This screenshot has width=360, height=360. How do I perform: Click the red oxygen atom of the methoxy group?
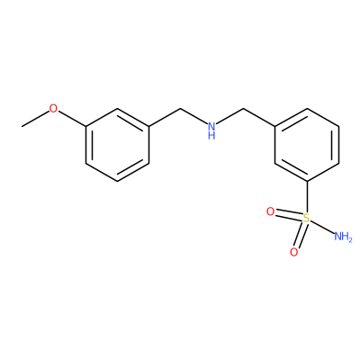53,108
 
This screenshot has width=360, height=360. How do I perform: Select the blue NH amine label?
211,130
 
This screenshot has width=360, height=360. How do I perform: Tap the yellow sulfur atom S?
306,218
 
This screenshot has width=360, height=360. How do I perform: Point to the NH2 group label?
343,237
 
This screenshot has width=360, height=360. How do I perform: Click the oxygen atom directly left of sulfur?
270,212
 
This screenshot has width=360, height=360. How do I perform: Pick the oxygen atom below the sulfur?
294,252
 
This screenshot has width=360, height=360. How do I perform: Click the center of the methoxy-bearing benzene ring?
117,145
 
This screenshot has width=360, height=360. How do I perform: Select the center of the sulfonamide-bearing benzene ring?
307,145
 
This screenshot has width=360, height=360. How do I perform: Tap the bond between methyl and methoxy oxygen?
35,119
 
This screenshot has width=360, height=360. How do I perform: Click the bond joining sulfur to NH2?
321,227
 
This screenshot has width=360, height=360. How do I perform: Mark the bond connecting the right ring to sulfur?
307,197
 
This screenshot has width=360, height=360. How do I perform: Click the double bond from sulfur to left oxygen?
289,215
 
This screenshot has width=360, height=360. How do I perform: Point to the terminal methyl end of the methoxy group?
22,127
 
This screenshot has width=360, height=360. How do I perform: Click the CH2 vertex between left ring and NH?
180,108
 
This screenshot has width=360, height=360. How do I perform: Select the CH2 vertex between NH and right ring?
244,108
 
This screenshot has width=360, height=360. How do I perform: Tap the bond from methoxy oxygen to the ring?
72,118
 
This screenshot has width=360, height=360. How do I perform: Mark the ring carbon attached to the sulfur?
307,181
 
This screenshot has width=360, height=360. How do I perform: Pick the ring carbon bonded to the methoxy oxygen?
85,126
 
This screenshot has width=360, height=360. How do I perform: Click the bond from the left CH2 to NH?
194,116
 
